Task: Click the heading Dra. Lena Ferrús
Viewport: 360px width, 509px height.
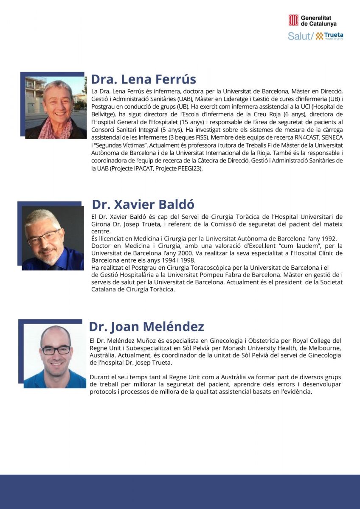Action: (143, 79)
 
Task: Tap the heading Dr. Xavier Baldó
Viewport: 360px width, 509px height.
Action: (143, 204)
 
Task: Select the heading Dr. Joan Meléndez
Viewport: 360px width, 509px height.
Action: (146, 327)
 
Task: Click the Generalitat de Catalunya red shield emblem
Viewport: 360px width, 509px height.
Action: (293, 20)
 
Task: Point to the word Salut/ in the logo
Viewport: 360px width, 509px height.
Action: (301, 36)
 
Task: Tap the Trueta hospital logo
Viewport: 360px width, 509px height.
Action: (329, 36)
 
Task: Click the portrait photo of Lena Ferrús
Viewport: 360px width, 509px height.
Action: (55, 108)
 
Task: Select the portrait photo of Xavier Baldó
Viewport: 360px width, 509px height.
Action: (52, 238)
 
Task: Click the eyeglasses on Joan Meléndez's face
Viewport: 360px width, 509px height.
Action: (56, 350)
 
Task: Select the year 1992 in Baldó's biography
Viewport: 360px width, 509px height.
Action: (329, 238)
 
